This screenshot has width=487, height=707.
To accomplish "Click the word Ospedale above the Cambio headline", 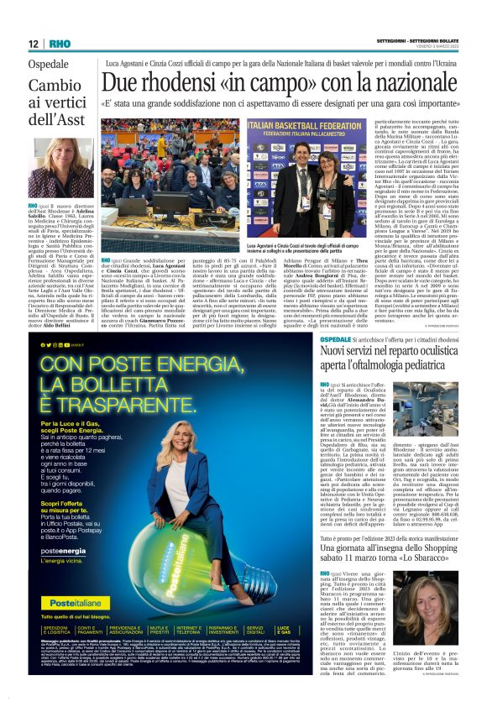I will pyautogui.click(x=50, y=65).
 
